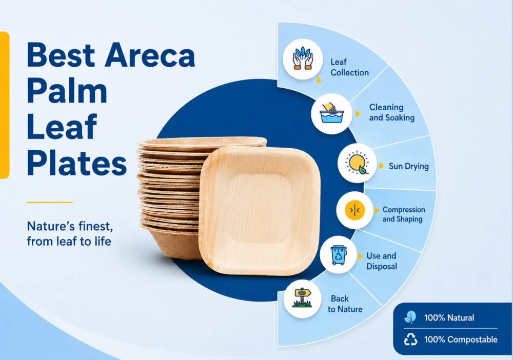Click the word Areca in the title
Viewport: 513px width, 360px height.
tap(149, 55)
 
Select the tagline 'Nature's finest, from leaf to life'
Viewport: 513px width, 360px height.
tap(70, 233)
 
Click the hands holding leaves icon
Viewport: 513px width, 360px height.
tap(303, 59)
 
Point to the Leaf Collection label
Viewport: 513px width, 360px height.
tap(349, 67)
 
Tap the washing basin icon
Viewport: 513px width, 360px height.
tap(331, 113)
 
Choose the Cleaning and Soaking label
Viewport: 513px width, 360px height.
tap(391, 112)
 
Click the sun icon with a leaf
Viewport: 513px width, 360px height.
tap(357, 163)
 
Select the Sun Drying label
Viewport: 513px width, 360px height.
tap(409, 166)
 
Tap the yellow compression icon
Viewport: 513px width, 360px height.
tap(354, 210)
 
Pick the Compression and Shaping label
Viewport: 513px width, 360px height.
tap(404, 214)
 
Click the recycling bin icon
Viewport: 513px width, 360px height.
tap(338, 255)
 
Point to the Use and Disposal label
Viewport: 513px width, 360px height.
tap(381, 261)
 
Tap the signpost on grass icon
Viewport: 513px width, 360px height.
tap(302, 298)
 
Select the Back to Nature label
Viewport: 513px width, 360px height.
tap(345, 304)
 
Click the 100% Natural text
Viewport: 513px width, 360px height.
tap(449, 317)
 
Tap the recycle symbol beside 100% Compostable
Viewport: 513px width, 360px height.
tap(410, 339)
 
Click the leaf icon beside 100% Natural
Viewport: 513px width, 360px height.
tap(410, 317)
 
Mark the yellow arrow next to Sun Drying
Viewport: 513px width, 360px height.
tap(381, 166)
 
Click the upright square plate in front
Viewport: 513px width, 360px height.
tap(259, 211)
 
